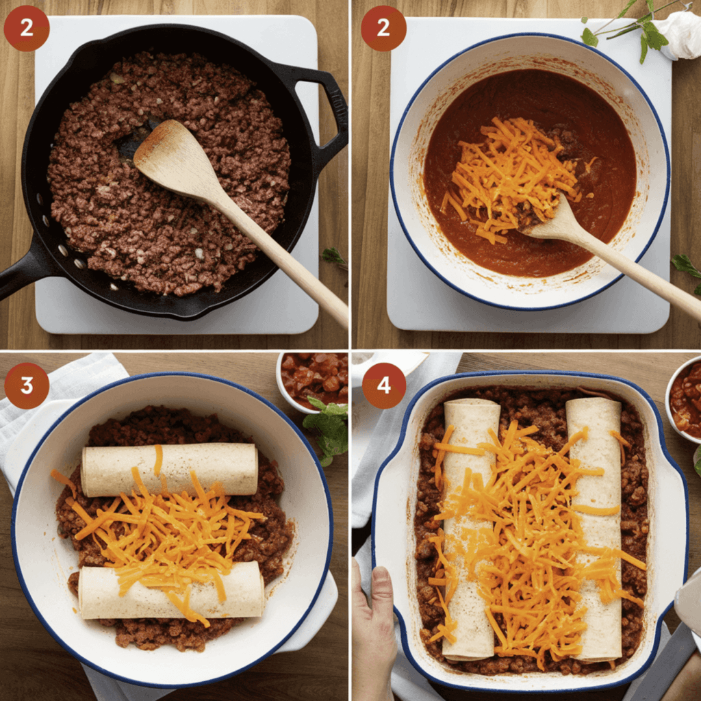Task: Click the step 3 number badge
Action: pyautogui.click(x=27, y=385)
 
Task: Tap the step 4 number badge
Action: pyautogui.click(x=384, y=385)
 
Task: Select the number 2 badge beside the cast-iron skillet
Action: pyautogui.click(x=27, y=28)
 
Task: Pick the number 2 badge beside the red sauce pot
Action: pyautogui.click(x=383, y=28)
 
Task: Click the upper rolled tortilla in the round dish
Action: pyautogui.click(x=170, y=470)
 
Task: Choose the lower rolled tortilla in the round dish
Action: pyautogui.click(x=171, y=590)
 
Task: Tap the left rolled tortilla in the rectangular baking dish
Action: pyautogui.click(x=470, y=530)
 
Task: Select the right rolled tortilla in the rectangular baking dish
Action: pyautogui.click(x=595, y=530)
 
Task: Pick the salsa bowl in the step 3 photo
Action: pyautogui.click(x=312, y=380)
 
